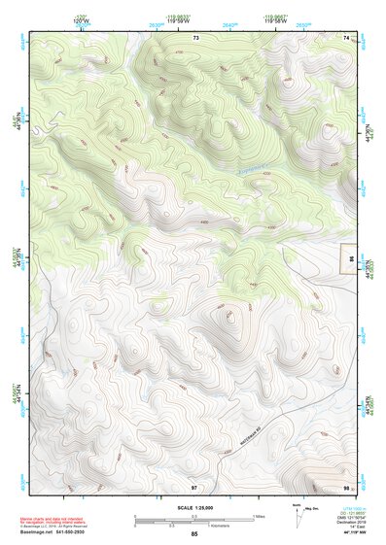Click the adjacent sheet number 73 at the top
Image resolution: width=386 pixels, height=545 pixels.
click(x=195, y=37)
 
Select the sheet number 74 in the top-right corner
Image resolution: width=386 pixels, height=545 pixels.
click(x=346, y=37)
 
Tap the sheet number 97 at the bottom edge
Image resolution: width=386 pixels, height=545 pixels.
click(x=194, y=486)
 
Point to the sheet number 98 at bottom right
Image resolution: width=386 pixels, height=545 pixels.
click(x=346, y=486)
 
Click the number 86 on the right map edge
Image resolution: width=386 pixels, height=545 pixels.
click(x=351, y=258)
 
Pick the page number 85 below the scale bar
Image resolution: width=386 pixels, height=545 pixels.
click(x=194, y=534)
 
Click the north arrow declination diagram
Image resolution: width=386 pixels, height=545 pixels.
click(x=298, y=512)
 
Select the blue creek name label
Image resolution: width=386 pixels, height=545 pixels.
click(x=252, y=172)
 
